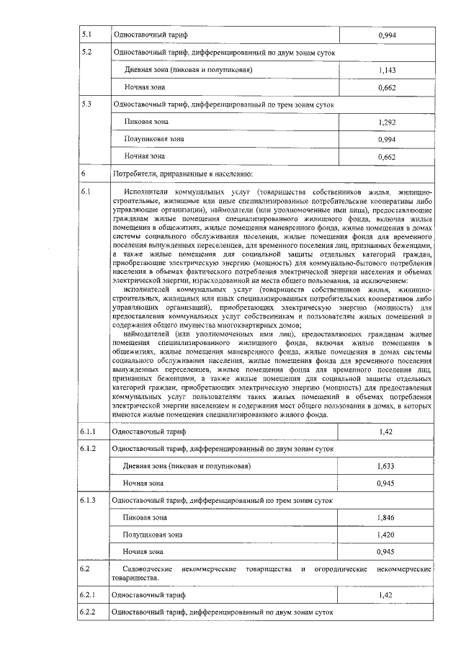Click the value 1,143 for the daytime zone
tap(386, 71)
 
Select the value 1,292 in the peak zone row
tap(386, 122)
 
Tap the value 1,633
tap(386, 466)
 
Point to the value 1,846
tap(386, 517)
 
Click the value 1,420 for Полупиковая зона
tap(386, 535)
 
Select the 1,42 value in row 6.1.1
tap(386, 432)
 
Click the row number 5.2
tap(88, 53)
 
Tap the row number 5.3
tap(88, 104)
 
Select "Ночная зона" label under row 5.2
tap(145, 87)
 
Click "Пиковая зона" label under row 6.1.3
tap(145, 517)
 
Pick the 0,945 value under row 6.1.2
tap(386, 483)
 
